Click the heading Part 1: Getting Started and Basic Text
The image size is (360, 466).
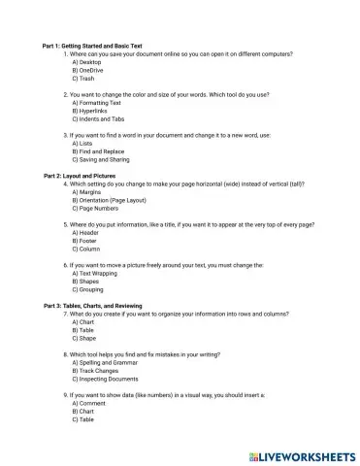[x=99, y=46]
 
